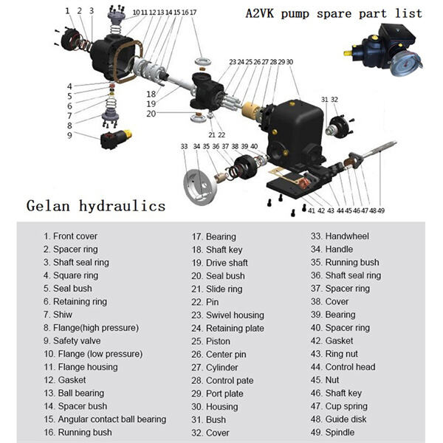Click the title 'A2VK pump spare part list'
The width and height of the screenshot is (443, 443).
click(x=334, y=13)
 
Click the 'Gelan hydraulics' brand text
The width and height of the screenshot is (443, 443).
click(x=95, y=205)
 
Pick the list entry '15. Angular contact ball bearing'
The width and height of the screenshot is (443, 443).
click(x=104, y=419)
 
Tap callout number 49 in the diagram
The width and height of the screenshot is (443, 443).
click(x=380, y=210)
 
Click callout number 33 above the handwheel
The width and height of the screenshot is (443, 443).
click(x=183, y=147)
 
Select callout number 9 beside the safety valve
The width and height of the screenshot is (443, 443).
click(x=69, y=135)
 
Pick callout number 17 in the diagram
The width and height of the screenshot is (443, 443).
click(x=193, y=12)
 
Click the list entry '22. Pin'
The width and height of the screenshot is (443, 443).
click(x=205, y=302)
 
